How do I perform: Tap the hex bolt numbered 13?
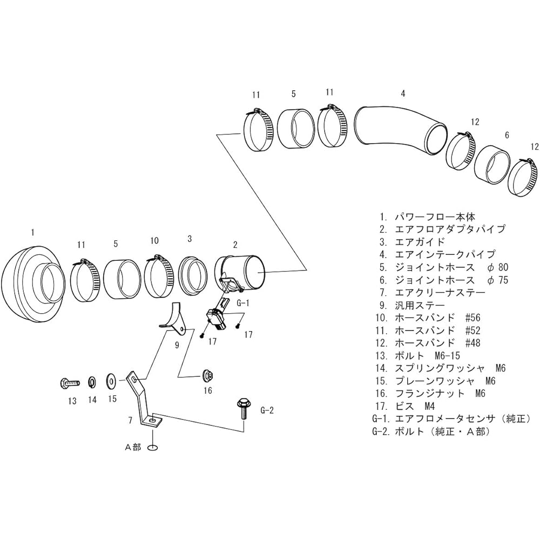[70, 382]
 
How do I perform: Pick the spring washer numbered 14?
[92, 382]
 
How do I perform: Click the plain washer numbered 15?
[112, 380]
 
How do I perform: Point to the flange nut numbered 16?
[208, 375]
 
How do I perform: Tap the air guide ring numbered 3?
[193, 275]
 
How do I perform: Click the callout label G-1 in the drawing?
[242, 303]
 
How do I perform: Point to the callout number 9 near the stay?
[177, 345]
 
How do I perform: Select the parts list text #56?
[473, 318]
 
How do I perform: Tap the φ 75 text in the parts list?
[498, 280]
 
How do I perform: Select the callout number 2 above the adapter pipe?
[235, 245]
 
